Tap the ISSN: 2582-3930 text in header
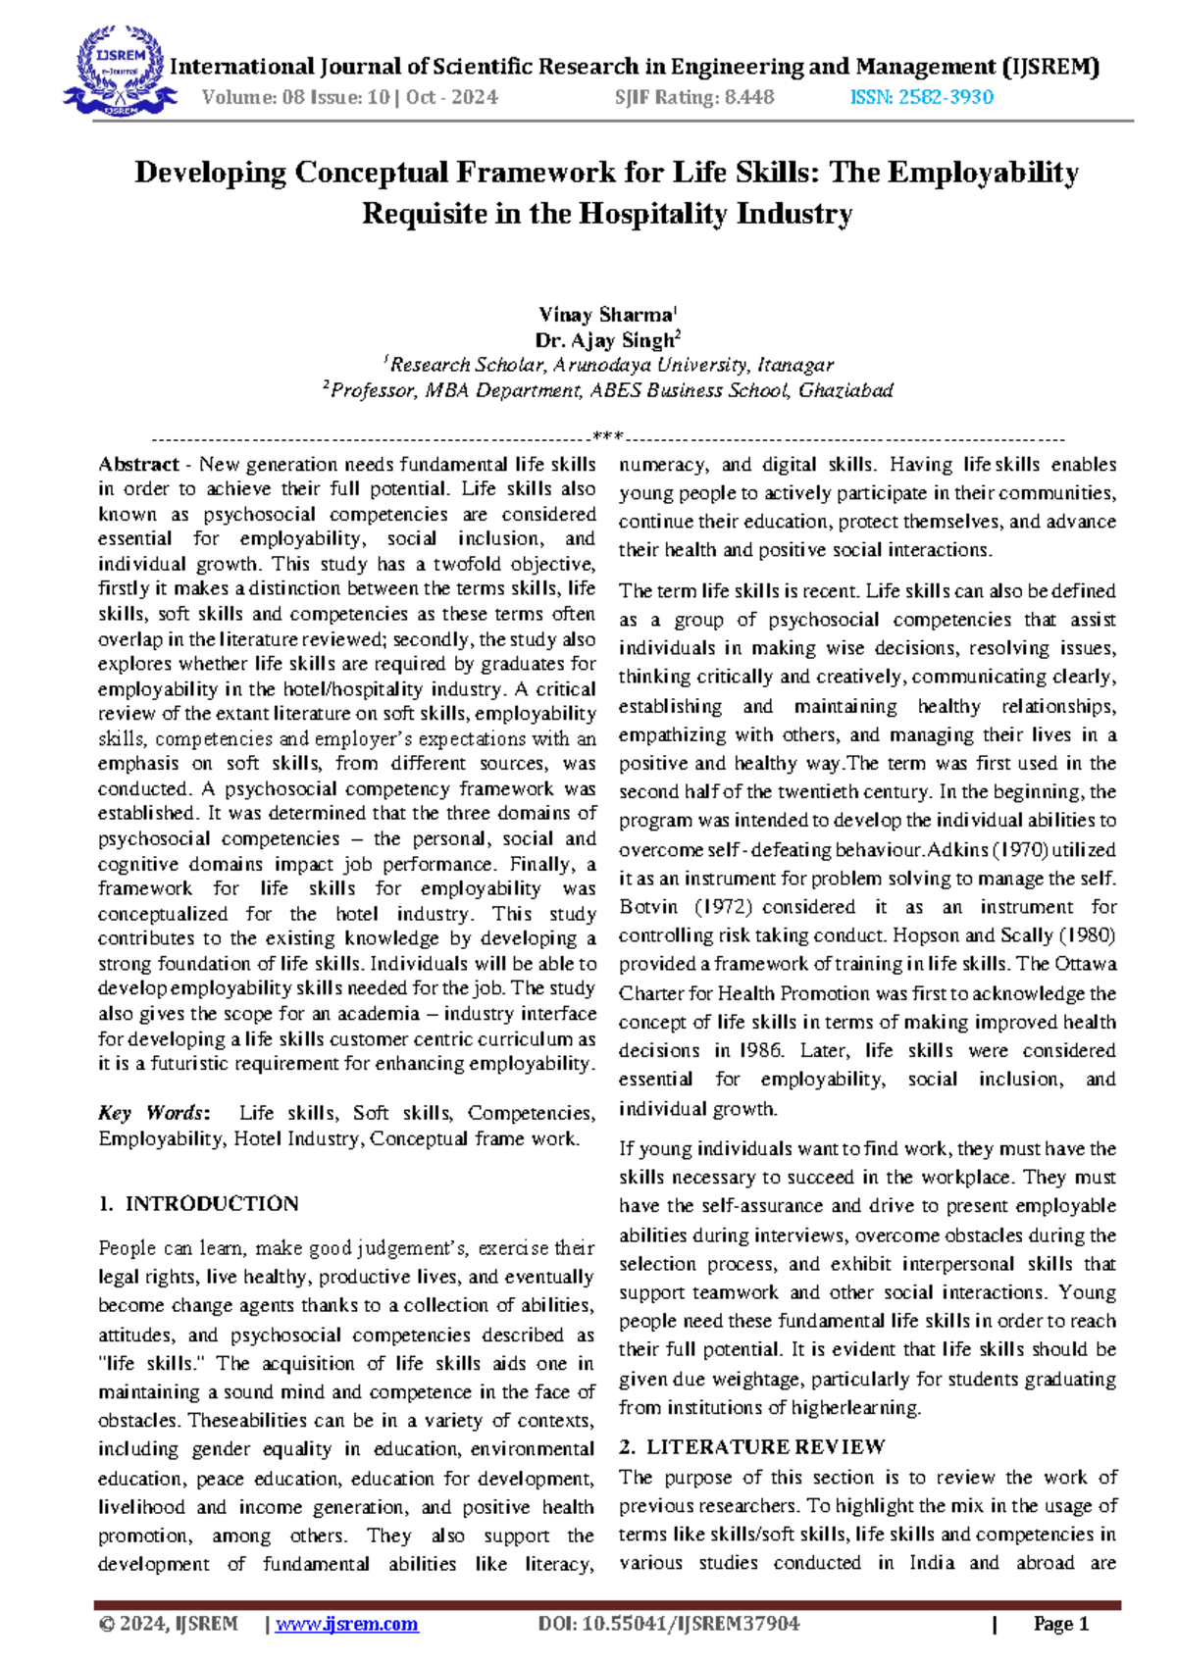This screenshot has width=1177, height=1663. click(921, 97)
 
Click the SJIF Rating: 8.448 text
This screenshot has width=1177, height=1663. click(694, 97)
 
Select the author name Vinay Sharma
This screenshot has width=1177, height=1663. click(605, 315)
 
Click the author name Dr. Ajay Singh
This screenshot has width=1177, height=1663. click(605, 340)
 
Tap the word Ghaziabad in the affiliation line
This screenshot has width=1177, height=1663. click(845, 390)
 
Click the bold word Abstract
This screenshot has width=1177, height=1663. click(138, 465)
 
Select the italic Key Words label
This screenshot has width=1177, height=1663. click(153, 1113)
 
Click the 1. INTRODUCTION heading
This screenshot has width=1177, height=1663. click(198, 1204)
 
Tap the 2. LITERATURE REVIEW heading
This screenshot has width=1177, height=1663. click(752, 1446)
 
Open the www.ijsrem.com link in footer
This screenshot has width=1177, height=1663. click(347, 1624)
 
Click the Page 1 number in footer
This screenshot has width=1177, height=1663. click(1061, 1624)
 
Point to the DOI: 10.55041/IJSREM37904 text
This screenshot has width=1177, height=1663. click(669, 1624)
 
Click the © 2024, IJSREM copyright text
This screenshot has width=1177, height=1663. click(169, 1624)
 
